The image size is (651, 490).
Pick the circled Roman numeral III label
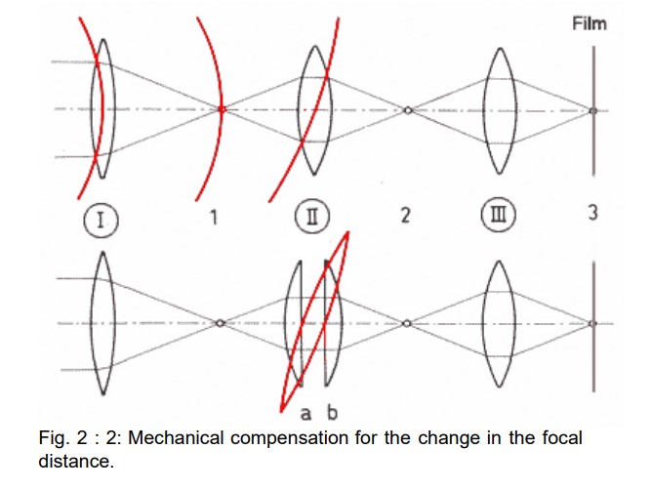pyautogui.click(x=502, y=215)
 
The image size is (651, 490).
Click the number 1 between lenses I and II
pyautogui.click(x=214, y=215)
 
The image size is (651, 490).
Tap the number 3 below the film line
pyautogui.click(x=592, y=214)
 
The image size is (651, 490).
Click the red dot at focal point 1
pyautogui.click(x=223, y=109)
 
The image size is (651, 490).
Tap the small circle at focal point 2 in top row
pyautogui.click(x=408, y=110)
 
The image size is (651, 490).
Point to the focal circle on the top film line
pyautogui.click(x=592, y=110)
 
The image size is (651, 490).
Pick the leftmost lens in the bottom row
pyautogui.click(x=104, y=323)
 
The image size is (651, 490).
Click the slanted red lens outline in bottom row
pyautogui.click(x=313, y=323)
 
